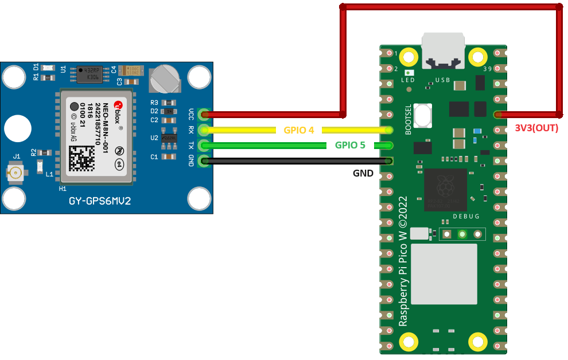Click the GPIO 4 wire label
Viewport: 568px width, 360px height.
[299, 130]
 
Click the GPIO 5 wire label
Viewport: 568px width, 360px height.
[350, 145]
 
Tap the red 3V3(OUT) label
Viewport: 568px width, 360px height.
[536, 128]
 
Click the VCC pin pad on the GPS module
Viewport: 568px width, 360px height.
[203, 115]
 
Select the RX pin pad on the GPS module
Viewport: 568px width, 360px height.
[203, 130]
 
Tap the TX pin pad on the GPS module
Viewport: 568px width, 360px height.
[203, 145]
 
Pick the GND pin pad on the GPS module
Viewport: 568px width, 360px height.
[203, 161]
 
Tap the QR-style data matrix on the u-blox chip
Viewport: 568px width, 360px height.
[82, 159]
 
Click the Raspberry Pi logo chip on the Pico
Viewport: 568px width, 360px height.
[445, 189]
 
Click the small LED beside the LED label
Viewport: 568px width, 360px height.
[409, 73]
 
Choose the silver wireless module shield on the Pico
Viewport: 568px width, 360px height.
[445, 274]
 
